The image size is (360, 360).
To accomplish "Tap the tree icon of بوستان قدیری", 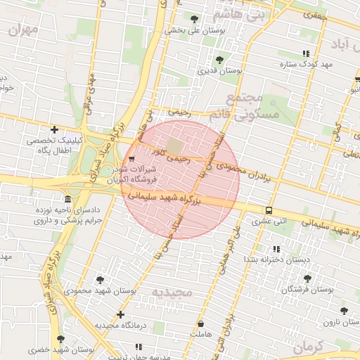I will [220, 60].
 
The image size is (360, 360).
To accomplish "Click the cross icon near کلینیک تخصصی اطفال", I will [54, 129].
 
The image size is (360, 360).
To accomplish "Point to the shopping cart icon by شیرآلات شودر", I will [132, 159].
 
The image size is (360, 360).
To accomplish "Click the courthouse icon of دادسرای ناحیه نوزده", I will [67, 200].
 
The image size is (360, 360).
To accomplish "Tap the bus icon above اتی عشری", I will [269, 210].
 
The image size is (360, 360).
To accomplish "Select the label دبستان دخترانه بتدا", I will [276, 260].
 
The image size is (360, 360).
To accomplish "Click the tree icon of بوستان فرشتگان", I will [286, 278].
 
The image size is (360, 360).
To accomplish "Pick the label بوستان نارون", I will [341, 322].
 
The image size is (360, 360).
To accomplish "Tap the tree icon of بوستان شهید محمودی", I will [99, 279].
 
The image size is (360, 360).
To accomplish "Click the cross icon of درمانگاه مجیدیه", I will [121, 314].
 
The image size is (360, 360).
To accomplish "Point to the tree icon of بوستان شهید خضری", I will [60, 339].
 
